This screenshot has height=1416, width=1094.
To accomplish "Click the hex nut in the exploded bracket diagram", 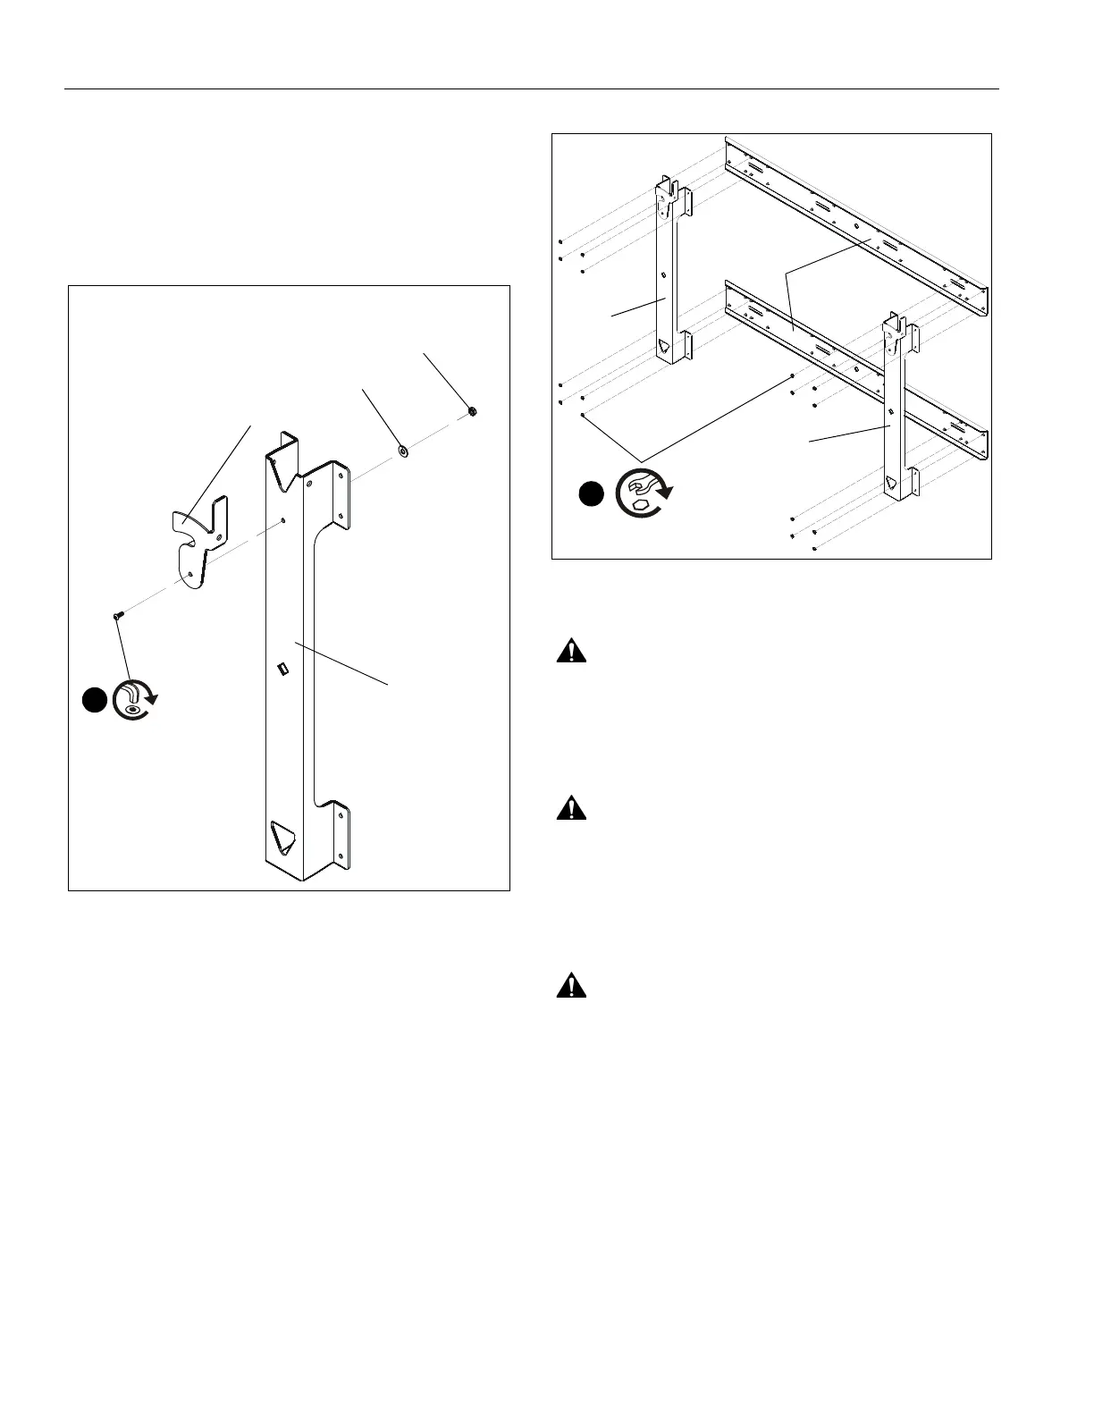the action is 472,411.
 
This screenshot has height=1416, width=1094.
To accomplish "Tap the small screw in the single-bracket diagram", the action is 117,615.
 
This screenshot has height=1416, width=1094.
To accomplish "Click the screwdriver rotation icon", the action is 135,700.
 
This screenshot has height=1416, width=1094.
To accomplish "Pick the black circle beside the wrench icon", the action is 591,493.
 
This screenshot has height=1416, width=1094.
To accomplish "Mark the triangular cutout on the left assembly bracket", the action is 664,345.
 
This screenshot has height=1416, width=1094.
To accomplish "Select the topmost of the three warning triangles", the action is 571,652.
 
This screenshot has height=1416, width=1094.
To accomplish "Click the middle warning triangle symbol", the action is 571,809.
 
